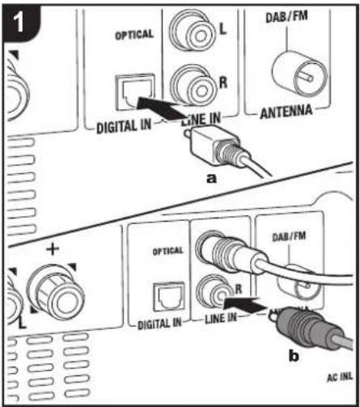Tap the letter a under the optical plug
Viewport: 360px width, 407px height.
point(212,179)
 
